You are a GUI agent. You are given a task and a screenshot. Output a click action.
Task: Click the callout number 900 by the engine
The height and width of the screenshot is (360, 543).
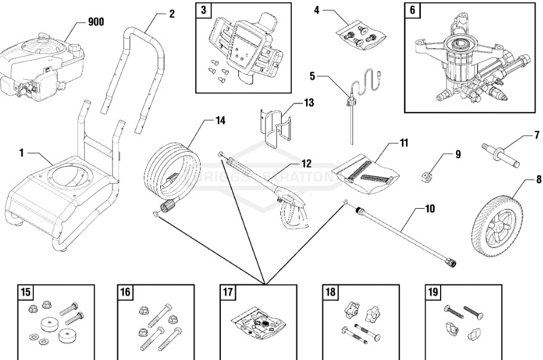pyautogui.click(x=96, y=22)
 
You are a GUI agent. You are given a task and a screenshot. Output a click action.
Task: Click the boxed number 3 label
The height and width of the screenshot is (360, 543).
pyautogui.click(x=204, y=11)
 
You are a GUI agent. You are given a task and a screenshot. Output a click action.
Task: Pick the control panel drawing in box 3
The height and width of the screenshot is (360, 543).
pyautogui.click(x=244, y=51)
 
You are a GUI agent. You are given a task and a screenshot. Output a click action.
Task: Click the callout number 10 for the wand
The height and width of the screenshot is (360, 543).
pyautogui.click(x=430, y=209)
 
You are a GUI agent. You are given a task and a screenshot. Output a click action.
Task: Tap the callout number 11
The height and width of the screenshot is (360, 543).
pyautogui.click(x=404, y=143)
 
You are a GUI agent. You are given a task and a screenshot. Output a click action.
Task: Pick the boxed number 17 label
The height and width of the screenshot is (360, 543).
pyautogui.click(x=227, y=292)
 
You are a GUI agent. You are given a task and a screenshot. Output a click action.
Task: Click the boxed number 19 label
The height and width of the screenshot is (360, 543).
pyautogui.click(x=433, y=292)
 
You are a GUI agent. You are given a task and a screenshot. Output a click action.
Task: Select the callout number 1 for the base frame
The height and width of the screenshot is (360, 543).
pyautogui.click(x=21, y=153)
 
